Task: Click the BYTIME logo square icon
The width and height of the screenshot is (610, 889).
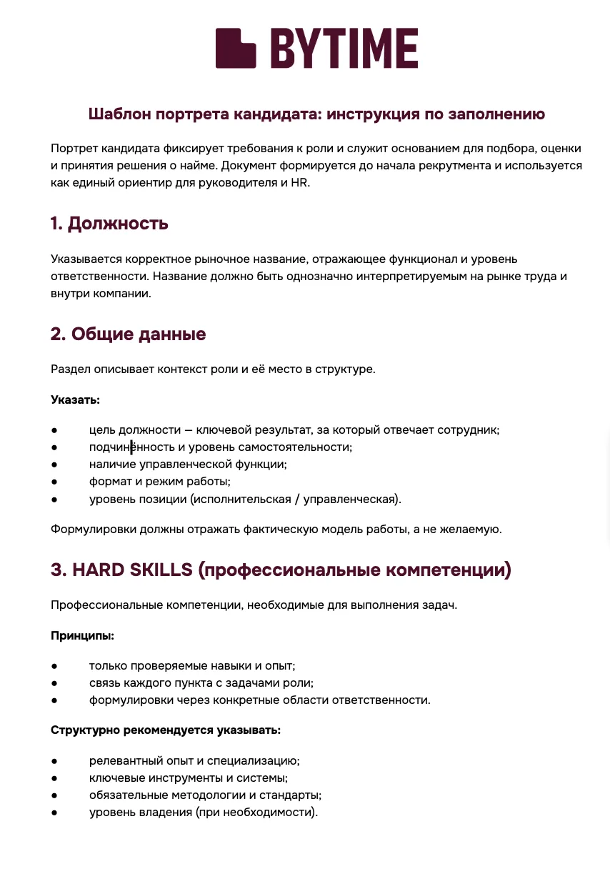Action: [x=236, y=48]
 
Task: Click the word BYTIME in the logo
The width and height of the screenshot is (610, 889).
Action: [x=344, y=49]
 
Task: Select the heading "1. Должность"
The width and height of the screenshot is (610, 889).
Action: [x=109, y=223]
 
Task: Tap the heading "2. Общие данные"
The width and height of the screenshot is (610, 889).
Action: [x=128, y=334]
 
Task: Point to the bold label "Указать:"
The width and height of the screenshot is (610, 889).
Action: [x=75, y=399]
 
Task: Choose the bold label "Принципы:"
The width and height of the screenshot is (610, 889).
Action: [x=83, y=635]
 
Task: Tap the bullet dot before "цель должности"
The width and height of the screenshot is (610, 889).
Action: [x=54, y=430]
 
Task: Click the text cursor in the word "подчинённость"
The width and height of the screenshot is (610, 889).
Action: [x=131, y=447]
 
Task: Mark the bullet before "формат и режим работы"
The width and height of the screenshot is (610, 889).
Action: [x=54, y=482]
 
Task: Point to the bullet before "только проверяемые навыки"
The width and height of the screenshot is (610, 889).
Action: [x=54, y=665]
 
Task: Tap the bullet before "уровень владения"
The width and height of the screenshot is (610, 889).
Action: [x=54, y=813]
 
